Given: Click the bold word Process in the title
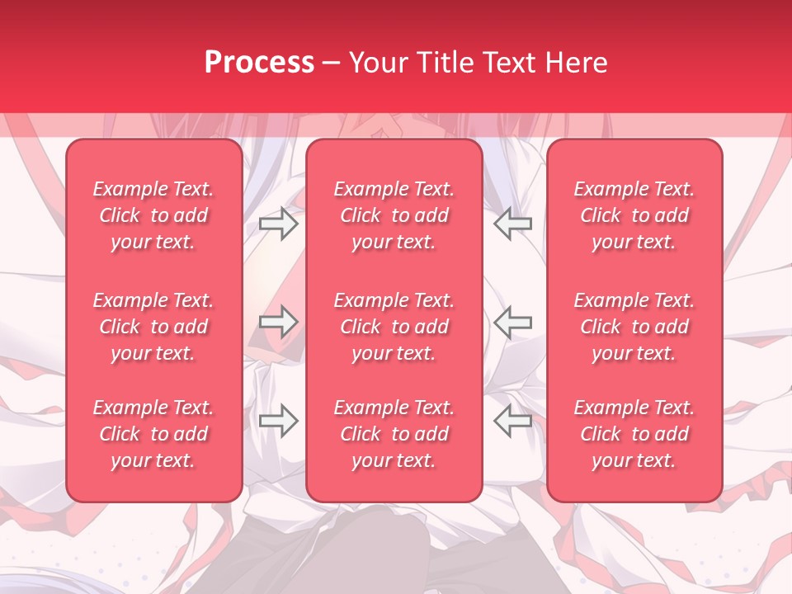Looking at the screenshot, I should click(259, 63).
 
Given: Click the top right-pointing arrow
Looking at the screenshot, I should click(278, 224).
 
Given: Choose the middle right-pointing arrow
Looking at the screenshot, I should click(278, 321).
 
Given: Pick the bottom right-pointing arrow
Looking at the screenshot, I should click(278, 420).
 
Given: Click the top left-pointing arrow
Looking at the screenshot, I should click(512, 224).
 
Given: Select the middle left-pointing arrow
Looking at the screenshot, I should click(512, 321).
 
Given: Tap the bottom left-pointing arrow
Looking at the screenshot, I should click(512, 420).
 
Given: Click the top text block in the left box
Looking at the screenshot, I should click(153, 215).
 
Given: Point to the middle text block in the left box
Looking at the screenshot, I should click(153, 327).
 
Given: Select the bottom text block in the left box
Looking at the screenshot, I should click(153, 434).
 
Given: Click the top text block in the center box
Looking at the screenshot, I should click(394, 215).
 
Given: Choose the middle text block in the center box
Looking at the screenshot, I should click(394, 327).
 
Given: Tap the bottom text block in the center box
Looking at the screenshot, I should click(394, 434).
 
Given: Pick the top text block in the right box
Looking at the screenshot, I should click(634, 215).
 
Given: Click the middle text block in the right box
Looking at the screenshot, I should click(634, 327).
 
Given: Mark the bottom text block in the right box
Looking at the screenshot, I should click(634, 434).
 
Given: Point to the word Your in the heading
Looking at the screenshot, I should click(376, 63).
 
